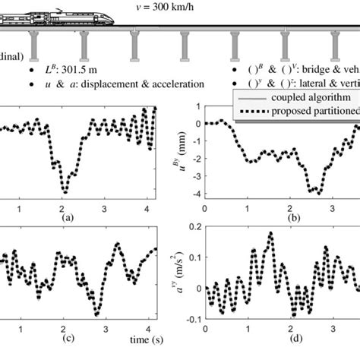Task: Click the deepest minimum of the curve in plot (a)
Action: [65, 191]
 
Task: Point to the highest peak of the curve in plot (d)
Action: [270, 234]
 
